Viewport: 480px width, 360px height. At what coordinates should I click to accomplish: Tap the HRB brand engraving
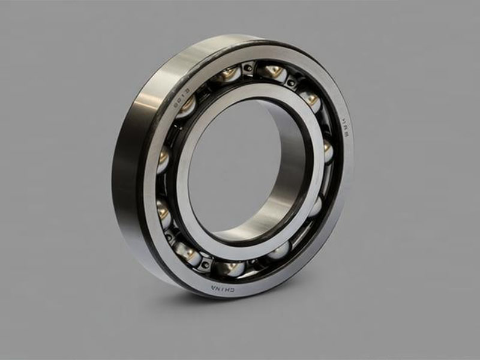pyautogui.click(x=347, y=126)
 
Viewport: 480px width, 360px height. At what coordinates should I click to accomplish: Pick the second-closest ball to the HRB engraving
pyautogui.click(x=310, y=99)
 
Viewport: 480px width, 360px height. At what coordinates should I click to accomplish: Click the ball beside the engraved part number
pyautogui.click(x=187, y=106)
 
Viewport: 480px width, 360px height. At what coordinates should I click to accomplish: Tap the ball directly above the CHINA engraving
pyautogui.click(x=229, y=268)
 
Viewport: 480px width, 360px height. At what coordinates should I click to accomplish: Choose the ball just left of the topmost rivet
pyautogui.click(x=229, y=74)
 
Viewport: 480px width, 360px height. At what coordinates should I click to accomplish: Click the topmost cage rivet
pyautogui.click(x=248, y=68)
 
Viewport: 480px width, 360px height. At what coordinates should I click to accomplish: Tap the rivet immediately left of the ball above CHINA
pyautogui.click(x=206, y=263)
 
